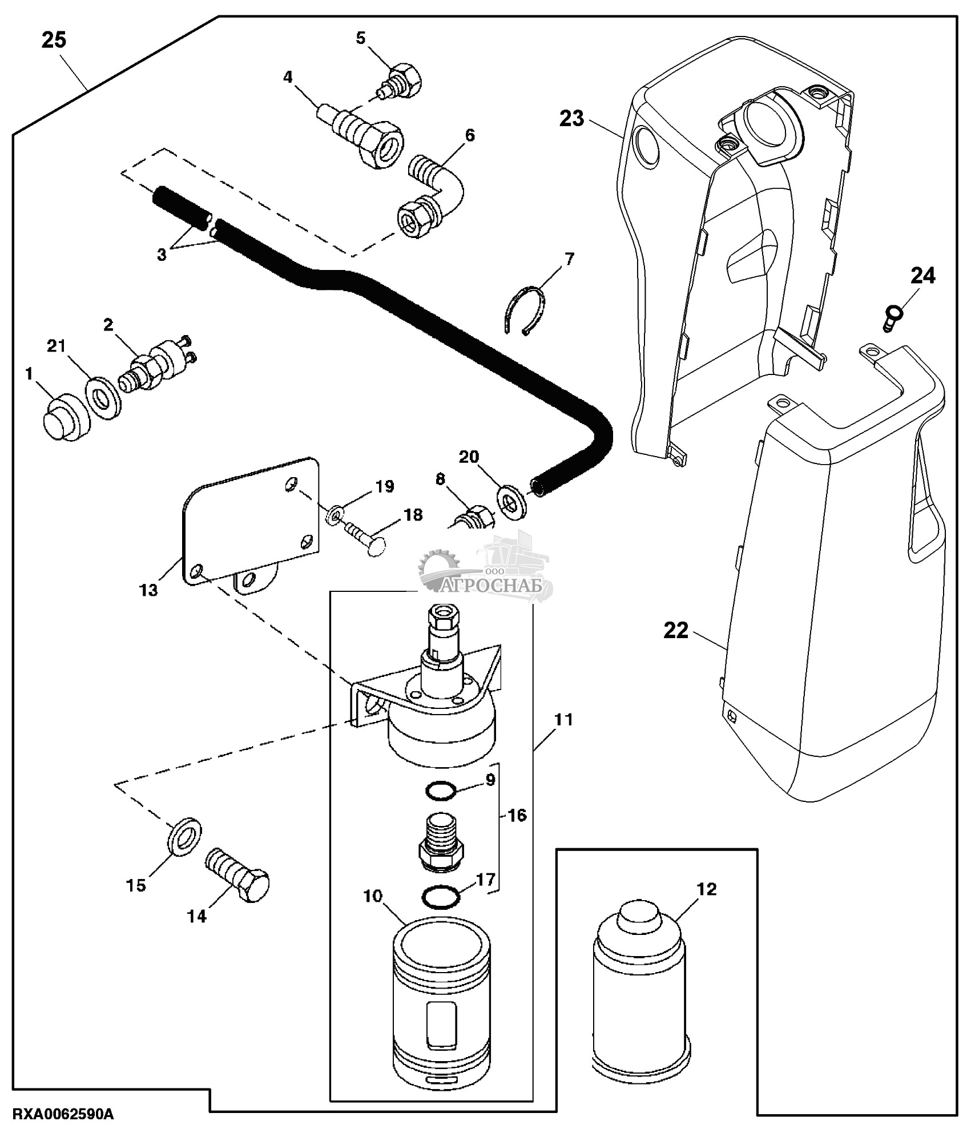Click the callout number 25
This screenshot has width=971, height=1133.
click(x=54, y=41)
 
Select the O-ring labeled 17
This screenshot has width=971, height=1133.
click(x=440, y=896)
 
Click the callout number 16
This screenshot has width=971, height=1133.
click(x=517, y=816)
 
